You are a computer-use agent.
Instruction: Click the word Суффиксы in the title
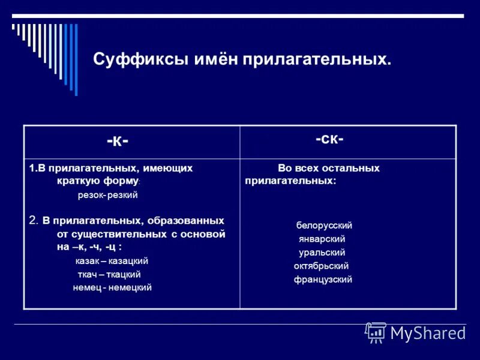(x=130, y=60)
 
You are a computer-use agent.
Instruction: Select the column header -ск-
(x=329, y=140)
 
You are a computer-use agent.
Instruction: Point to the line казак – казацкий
(x=112, y=261)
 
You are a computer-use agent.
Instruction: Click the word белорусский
(x=323, y=226)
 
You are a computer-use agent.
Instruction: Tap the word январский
(x=322, y=239)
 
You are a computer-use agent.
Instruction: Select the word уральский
(x=322, y=253)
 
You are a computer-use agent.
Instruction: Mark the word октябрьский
(x=321, y=266)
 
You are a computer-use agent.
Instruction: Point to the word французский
(x=322, y=280)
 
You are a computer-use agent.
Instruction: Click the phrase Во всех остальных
(x=328, y=169)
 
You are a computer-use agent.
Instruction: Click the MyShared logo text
(x=428, y=333)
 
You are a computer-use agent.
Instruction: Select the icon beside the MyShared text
(x=376, y=332)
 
